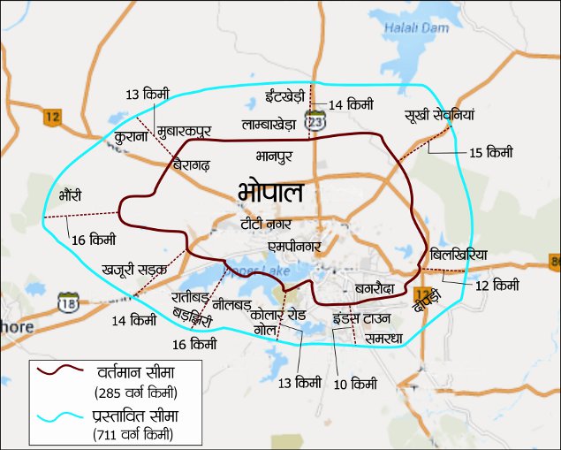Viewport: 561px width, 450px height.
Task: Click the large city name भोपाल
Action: point(271,192)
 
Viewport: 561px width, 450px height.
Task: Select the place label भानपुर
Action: point(274,157)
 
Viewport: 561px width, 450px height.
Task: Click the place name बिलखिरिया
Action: point(459,256)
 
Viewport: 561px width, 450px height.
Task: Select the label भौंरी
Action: point(71,194)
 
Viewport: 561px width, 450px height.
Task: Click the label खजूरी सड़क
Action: point(133,263)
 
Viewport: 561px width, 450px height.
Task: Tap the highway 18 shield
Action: point(68,303)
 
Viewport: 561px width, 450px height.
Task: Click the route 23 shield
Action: point(315,123)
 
